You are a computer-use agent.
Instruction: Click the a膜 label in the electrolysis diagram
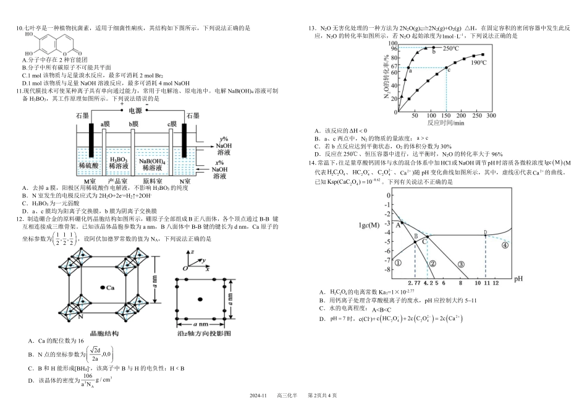click(105, 124)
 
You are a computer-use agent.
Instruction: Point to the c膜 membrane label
click(172, 124)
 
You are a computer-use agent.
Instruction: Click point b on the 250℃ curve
click(434, 48)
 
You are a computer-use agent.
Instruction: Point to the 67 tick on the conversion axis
click(393, 67)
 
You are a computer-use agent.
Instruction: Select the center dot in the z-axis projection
click(200, 299)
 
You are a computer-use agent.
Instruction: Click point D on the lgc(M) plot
click(485, 233)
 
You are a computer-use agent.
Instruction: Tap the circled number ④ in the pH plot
click(504, 245)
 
